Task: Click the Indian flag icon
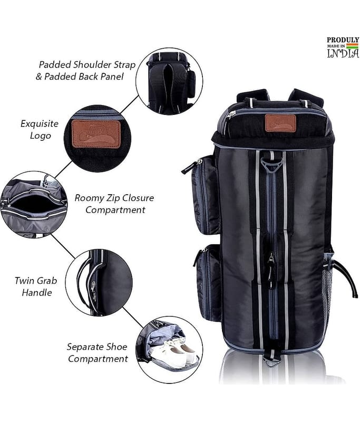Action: (x=352, y=46)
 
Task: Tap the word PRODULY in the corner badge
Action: (x=343, y=40)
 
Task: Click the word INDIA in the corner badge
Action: (x=343, y=53)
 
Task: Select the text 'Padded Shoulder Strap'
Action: (x=87, y=65)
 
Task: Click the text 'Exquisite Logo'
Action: (x=40, y=129)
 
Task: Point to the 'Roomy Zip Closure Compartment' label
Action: (x=114, y=204)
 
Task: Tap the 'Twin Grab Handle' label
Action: (x=36, y=286)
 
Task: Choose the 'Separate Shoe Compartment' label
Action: (x=98, y=352)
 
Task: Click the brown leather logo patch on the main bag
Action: (x=280, y=123)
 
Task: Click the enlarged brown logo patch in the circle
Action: (x=96, y=134)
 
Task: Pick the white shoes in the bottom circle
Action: (x=175, y=352)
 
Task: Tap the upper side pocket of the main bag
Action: (x=205, y=195)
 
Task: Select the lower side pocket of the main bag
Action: (x=209, y=283)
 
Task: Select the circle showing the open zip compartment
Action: (x=34, y=205)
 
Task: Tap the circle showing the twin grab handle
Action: (x=99, y=283)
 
